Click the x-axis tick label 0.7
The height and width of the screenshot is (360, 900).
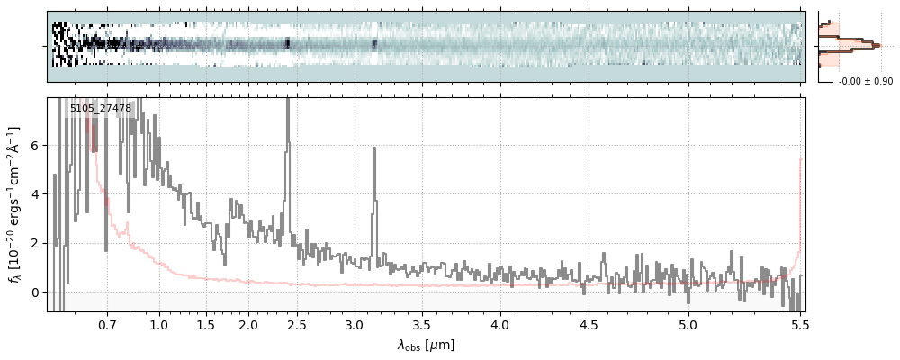pyautogui.click(x=107, y=324)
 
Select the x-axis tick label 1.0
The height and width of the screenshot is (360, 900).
pyautogui.click(x=159, y=324)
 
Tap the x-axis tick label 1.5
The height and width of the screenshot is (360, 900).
pyautogui.click(x=205, y=324)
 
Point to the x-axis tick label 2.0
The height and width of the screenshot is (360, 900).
pyautogui.click(x=248, y=324)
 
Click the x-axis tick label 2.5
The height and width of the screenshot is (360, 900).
pyautogui.click(x=289, y=324)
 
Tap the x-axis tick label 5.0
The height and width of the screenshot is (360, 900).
pyautogui.click(x=688, y=324)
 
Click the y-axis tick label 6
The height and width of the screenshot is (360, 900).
pyautogui.click(x=35, y=146)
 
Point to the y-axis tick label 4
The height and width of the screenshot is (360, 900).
pyautogui.click(x=35, y=194)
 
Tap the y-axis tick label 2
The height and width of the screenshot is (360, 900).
pyautogui.click(x=35, y=243)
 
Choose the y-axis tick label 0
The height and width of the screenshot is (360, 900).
pyautogui.click(x=35, y=292)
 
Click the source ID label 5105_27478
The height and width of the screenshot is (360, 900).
pyautogui.click(x=101, y=109)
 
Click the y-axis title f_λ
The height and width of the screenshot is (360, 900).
pyautogui.click(x=16, y=205)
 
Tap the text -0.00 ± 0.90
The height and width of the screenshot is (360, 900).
pyautogui.click(x=865, y=82)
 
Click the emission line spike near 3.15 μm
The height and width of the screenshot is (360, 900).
pyautogui.click(x=374, y=198)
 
